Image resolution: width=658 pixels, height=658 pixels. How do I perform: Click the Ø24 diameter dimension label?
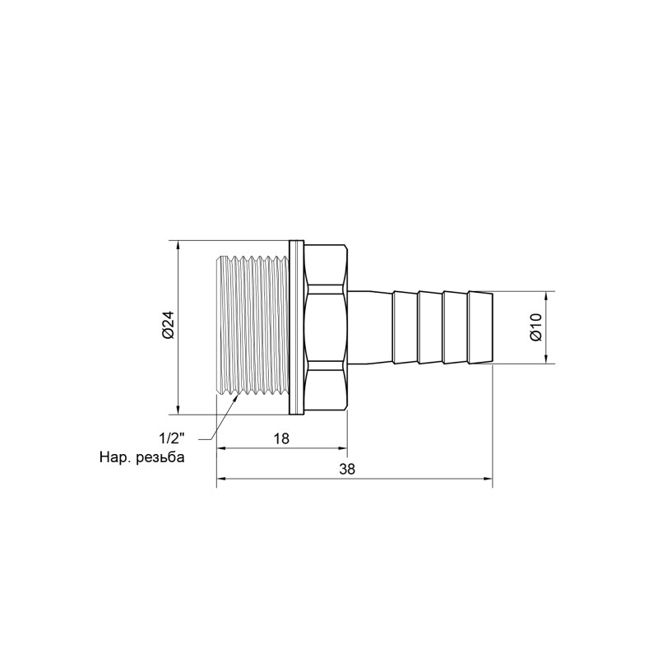(167, 327)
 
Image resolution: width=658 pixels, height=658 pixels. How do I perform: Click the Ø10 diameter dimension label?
(535, 327)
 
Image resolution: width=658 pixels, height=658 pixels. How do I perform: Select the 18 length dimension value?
(281, 438)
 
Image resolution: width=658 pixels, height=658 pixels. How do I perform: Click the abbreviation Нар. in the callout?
(114, 457)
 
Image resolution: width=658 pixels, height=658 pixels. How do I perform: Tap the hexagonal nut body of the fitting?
(327, 327)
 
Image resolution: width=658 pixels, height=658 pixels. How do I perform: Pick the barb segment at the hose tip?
(480, 327)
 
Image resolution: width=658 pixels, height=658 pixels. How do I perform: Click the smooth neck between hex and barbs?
(370, 327)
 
